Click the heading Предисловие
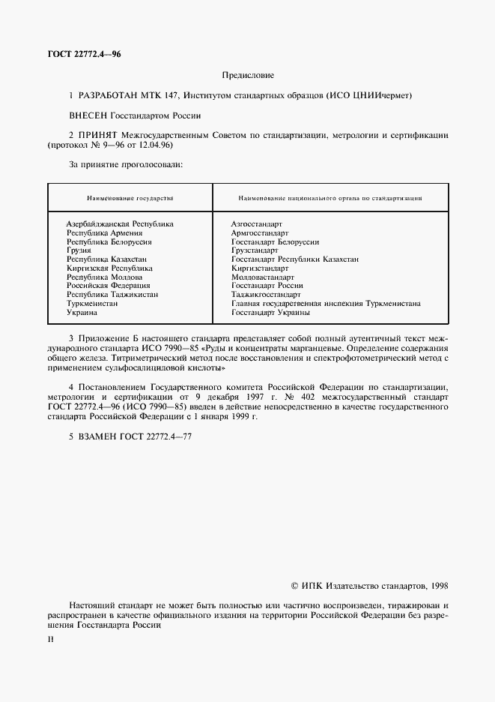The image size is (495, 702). tap(248, 76)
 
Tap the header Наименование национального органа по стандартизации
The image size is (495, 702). tap(329, 198)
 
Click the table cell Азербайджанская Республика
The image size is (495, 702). tap(120, 224)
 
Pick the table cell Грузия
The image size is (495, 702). tap(79, 250)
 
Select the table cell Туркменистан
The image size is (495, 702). tap(92, 303)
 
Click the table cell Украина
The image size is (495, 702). tap(82, 312)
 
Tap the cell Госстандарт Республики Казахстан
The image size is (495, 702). tap(295, 259)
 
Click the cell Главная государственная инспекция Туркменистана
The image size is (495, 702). tap(326, 303)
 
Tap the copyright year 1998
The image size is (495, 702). tap(437, 586)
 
